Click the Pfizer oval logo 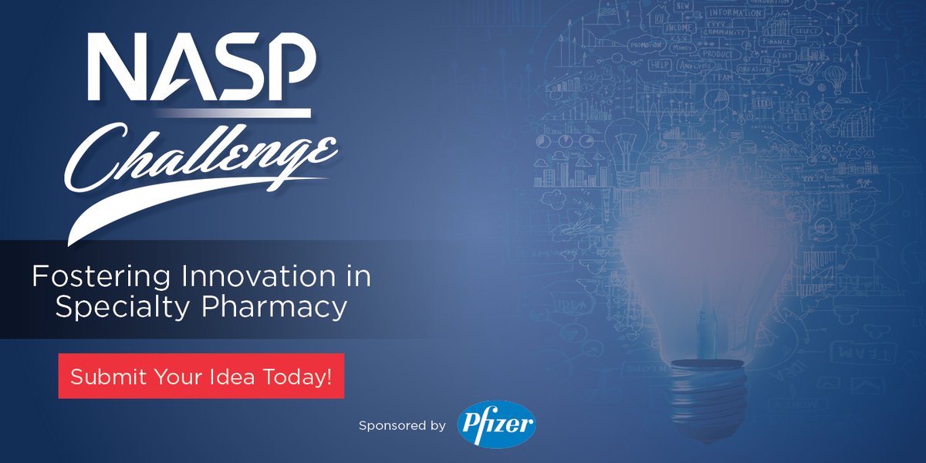click(x=496, y=425)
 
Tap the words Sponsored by click(x=402, y=425)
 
